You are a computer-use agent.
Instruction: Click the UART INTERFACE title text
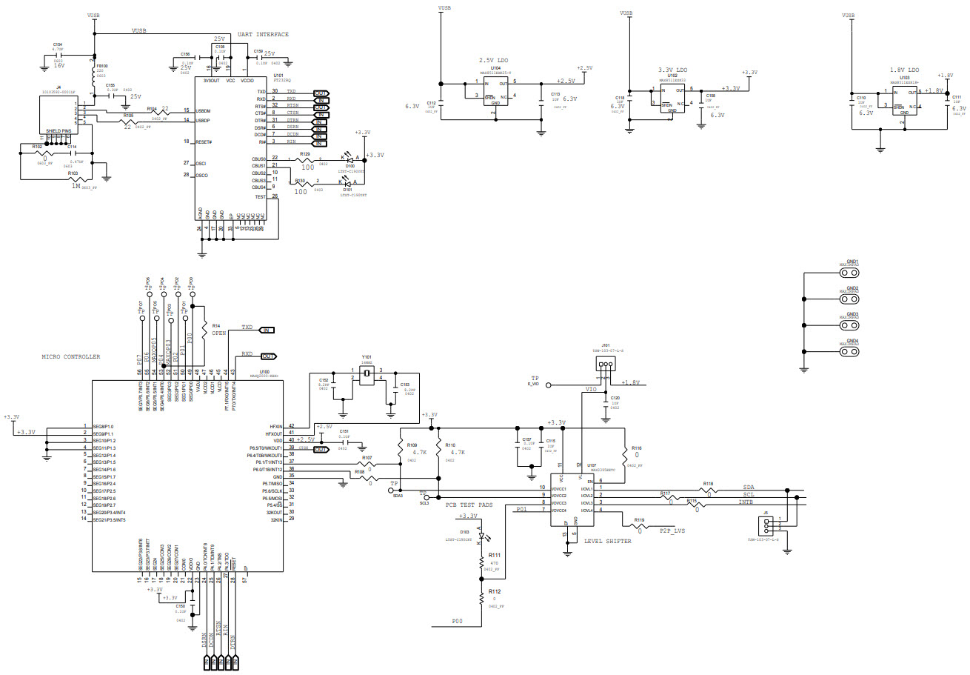263,35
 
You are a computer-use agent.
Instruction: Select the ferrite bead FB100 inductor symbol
94,79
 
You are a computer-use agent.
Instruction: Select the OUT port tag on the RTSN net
321,107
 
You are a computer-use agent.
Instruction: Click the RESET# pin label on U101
204,142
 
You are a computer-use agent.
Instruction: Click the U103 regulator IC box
904,100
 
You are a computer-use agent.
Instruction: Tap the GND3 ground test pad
852,324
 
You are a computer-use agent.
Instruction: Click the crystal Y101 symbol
366,375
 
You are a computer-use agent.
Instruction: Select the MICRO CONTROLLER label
70,357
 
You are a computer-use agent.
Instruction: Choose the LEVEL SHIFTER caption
608,541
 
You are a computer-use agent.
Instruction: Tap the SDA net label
749,488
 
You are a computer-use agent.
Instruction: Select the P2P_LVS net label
671,531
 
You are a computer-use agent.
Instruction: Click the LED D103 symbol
480,536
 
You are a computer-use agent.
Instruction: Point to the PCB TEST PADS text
469,505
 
